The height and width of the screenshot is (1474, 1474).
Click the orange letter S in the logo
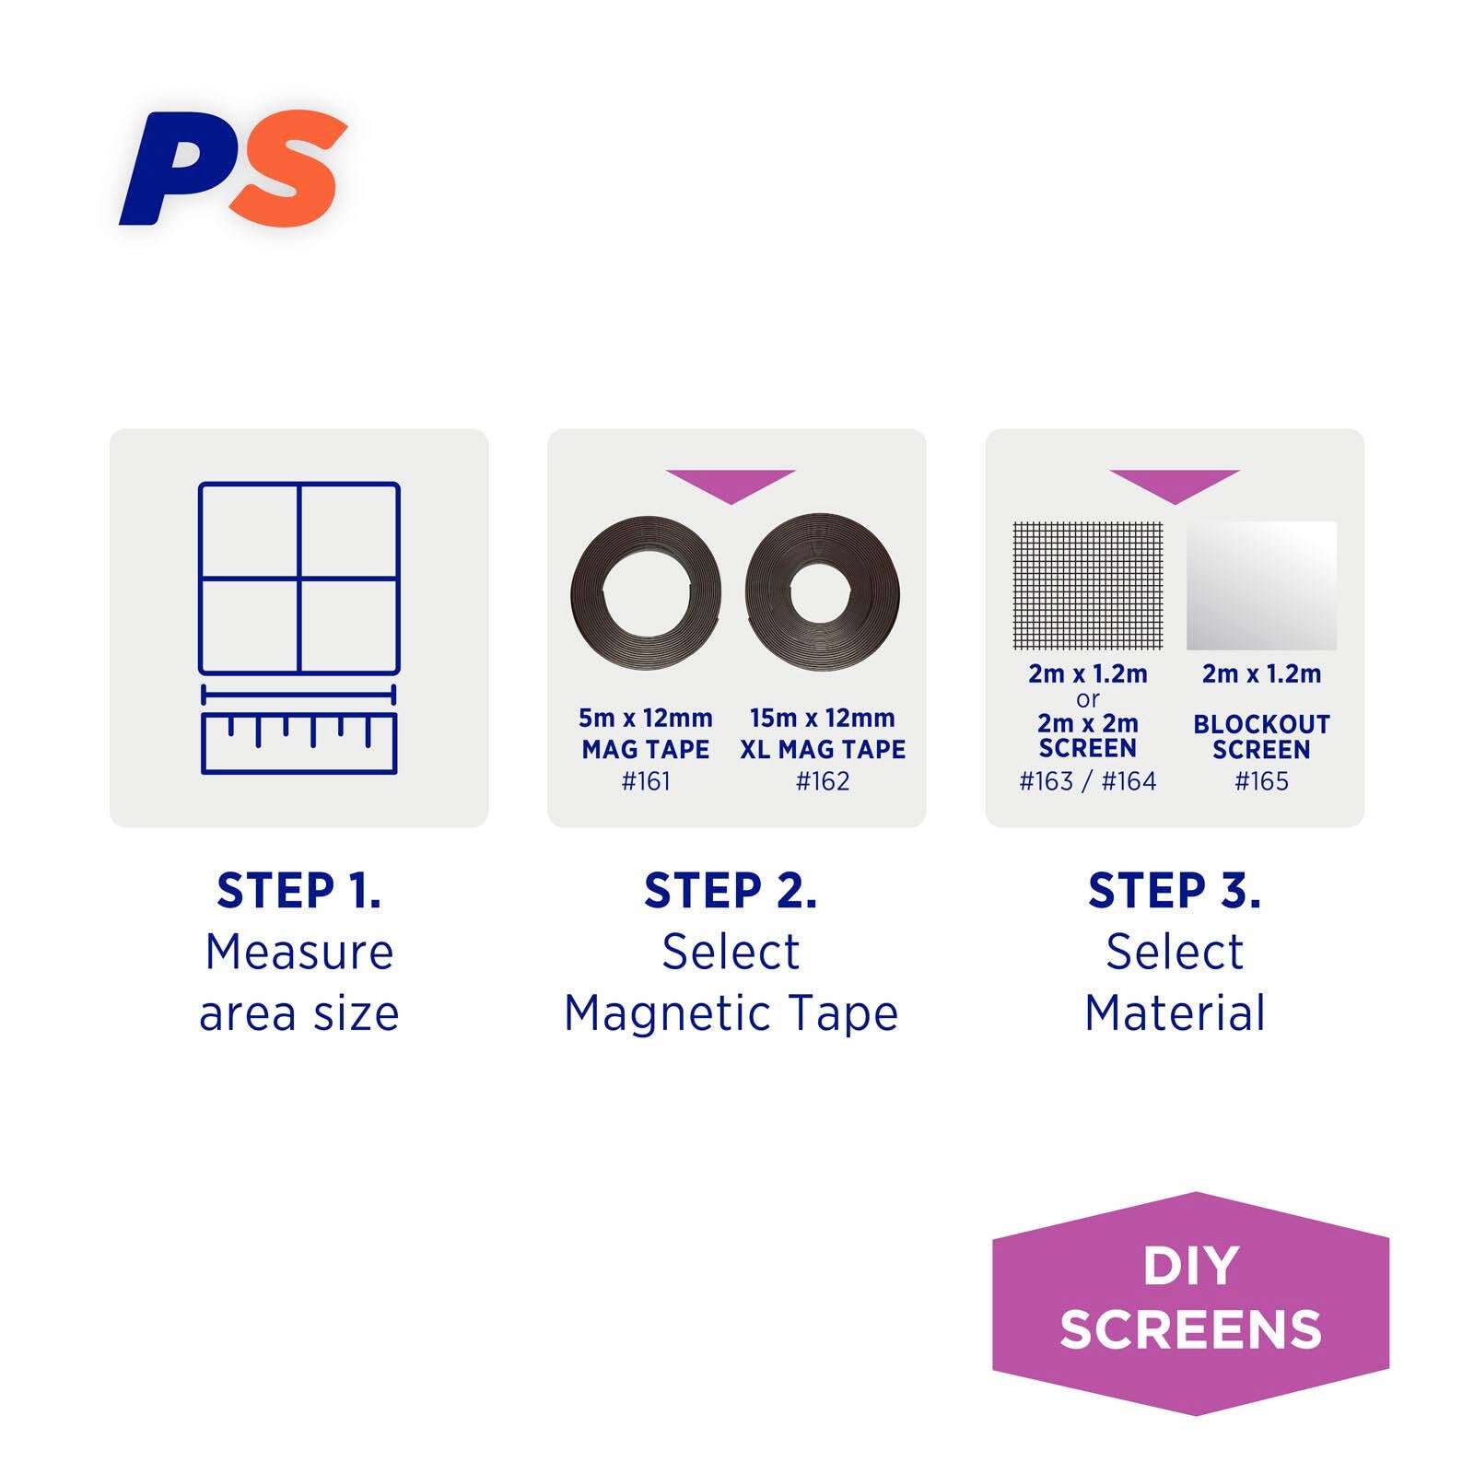click(x=287, y=168)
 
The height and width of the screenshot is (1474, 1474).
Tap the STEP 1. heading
click(x=298, y=891)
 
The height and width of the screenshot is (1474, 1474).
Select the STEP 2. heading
click(x=731, y=891)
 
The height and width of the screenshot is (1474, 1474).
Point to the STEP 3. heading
click(x=1175, y=891)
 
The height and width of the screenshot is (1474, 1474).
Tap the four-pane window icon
click(x=299, y=579)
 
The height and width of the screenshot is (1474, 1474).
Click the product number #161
click(x=646, y=781)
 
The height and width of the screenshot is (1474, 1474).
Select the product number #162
click(x=823, y=781)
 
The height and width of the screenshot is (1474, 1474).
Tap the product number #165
click(x=1261, y=781)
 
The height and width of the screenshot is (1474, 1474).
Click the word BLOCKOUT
click(x=1261, y=724)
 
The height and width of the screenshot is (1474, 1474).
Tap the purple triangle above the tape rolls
click(x=731, y=483)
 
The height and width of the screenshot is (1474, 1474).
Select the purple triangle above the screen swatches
click(x=1175, y=483)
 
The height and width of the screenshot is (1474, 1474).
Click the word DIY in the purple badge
click(x=1191, y=1266)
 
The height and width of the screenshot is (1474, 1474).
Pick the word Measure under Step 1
click(x=299, y=952)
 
